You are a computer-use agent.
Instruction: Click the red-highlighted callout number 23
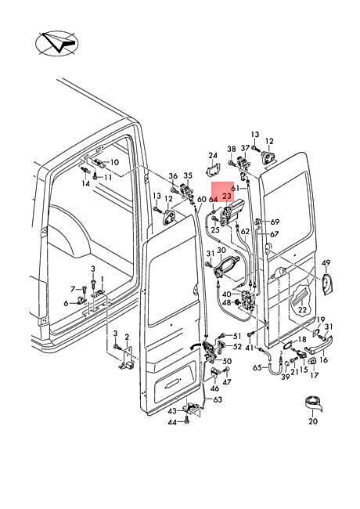[227, 196]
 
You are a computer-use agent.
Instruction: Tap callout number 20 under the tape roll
[313, 421]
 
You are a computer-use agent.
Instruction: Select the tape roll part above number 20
[314, 403]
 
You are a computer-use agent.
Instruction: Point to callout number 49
[326, 262]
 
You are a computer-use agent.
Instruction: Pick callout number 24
[213, 156]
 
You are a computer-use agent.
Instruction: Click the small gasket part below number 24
[213, 169]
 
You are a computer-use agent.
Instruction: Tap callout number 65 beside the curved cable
[257, 367]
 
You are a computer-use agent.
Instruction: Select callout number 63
[218, 399]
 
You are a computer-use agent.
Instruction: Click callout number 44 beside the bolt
[172, 422]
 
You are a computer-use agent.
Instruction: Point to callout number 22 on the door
[302, 309]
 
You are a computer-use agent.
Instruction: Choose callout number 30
[221, 251]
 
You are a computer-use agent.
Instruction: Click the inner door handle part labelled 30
[227, 266]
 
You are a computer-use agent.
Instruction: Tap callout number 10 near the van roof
[115, 162]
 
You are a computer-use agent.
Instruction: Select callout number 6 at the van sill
[67, 303]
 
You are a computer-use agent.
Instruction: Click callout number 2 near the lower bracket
[127, 337]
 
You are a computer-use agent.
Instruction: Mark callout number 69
[275, 222]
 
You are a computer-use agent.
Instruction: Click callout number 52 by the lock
[237, 347]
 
